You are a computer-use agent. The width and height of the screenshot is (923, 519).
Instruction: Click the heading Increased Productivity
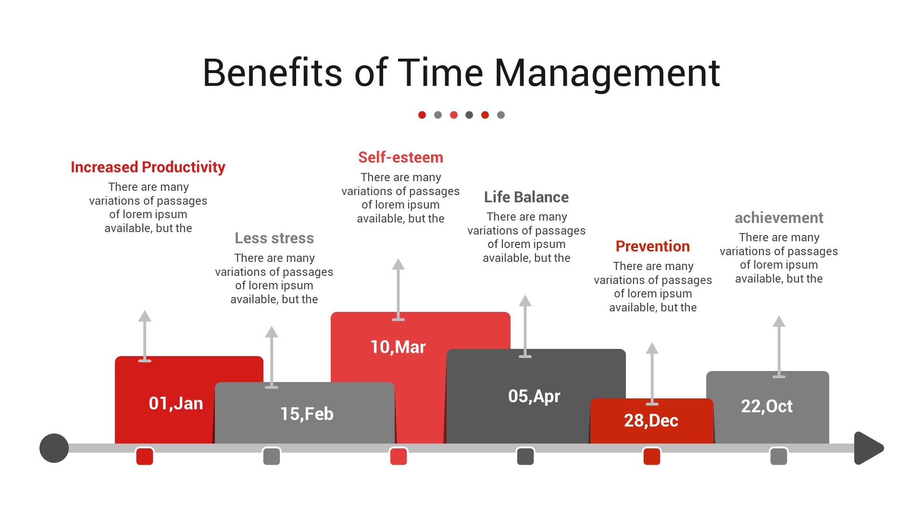(x=148, y=167)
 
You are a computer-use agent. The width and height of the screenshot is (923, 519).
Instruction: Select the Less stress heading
(x=274, y=238)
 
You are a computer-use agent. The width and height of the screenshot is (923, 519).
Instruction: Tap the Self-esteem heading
(x=400, y=157)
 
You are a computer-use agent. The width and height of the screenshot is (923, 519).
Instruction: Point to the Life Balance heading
(x=526, y=197)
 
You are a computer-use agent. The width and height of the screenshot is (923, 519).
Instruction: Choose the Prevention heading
(x=652, y=246)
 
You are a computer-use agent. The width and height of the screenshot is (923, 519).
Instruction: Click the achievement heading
(x=779, y=218)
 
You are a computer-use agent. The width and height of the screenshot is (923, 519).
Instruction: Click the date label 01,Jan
(x=175, y=403)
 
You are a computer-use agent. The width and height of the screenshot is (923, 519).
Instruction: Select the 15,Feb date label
(x=307, y=414)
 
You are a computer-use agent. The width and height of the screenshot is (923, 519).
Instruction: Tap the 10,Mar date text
(x=398, y=347)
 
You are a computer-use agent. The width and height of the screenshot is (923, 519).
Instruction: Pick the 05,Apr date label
(x=534, y=396)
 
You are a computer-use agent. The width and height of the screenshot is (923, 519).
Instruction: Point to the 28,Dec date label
(x=651, y=420)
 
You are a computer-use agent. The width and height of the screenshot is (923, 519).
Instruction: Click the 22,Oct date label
(x=767, y=406)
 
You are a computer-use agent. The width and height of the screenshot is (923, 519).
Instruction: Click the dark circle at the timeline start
(x=54, y=448)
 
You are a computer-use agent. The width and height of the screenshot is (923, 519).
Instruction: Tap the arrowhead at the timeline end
(x=868, y=448)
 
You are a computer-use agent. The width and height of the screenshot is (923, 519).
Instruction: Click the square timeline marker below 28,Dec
(x=652, y=456)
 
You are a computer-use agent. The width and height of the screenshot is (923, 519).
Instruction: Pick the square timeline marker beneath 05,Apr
(x=525, y=456)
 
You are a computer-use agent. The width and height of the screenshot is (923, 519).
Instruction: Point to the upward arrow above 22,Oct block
(x=779, y=346)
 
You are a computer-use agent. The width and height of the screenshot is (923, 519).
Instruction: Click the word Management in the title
(x=607, y=73)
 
